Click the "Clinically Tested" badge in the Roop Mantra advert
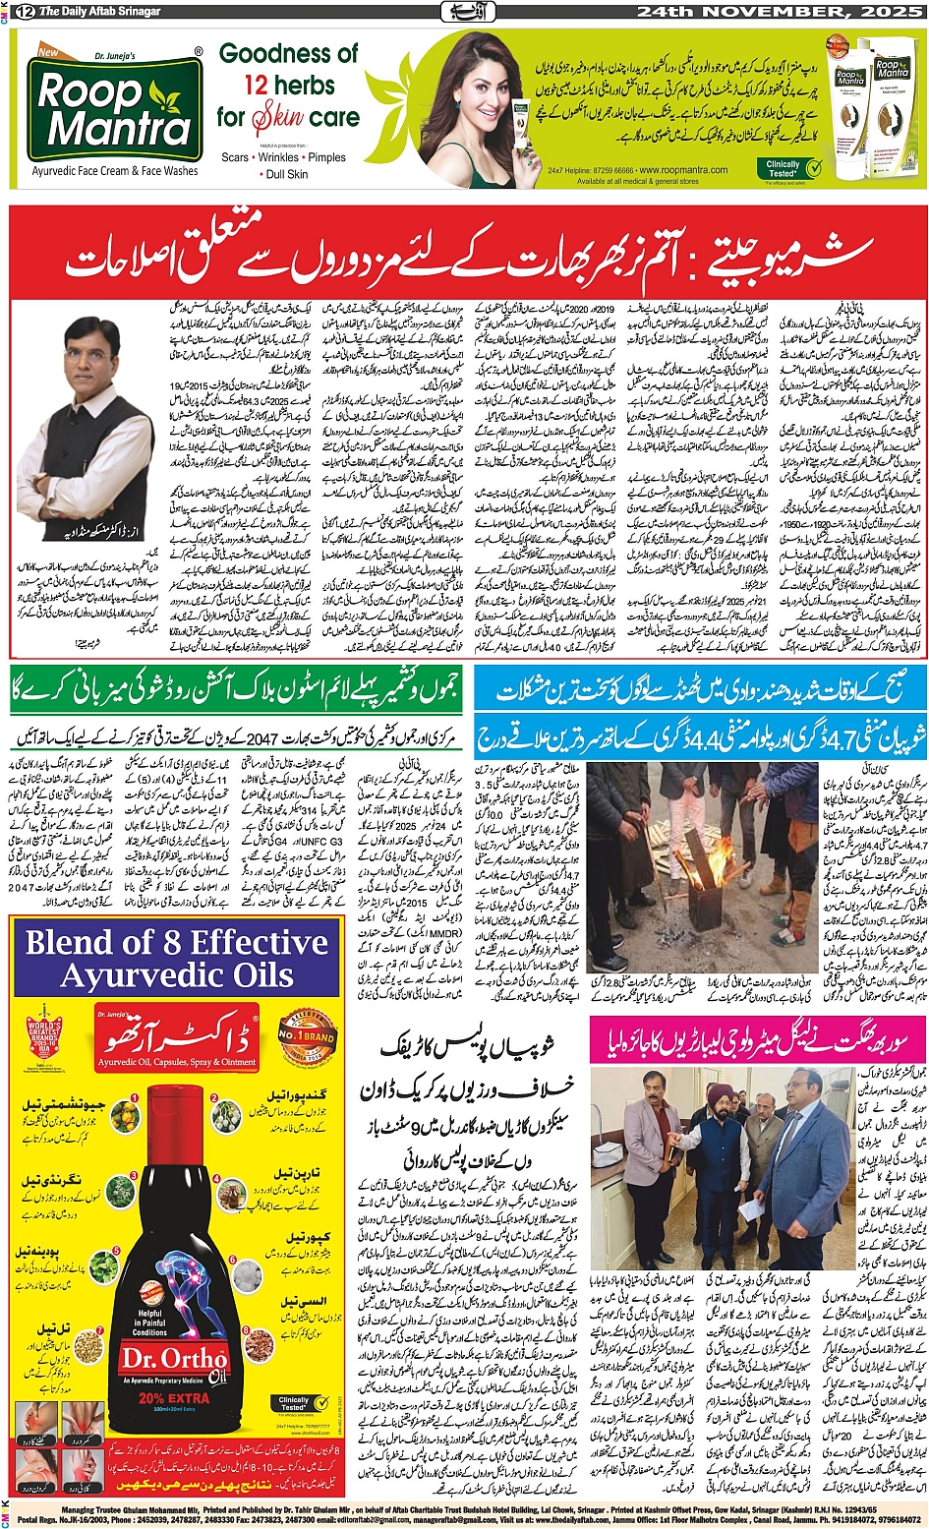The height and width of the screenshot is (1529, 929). coord(792,168)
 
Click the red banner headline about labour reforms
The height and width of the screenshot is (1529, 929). coord(467,251)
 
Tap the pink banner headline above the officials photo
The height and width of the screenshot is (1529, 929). coord(757,1039)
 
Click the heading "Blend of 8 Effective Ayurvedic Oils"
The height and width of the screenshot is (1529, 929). coord(177,959)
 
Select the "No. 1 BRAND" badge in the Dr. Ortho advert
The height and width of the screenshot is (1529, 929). coord(308,1038)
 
